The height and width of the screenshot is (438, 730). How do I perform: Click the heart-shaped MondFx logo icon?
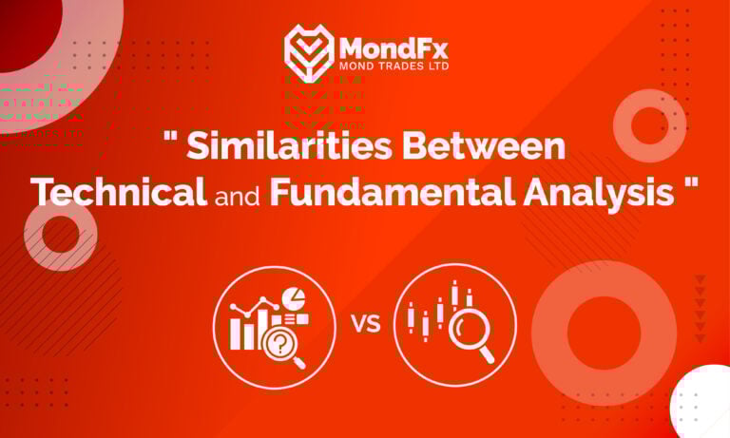coord(308,51)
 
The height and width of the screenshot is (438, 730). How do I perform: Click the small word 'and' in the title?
coord(238,194)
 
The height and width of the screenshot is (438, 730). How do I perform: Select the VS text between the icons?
coord(366,323)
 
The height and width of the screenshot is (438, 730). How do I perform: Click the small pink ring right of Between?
coord(649,124)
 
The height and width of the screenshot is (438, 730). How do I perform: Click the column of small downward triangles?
coord(701,309)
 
